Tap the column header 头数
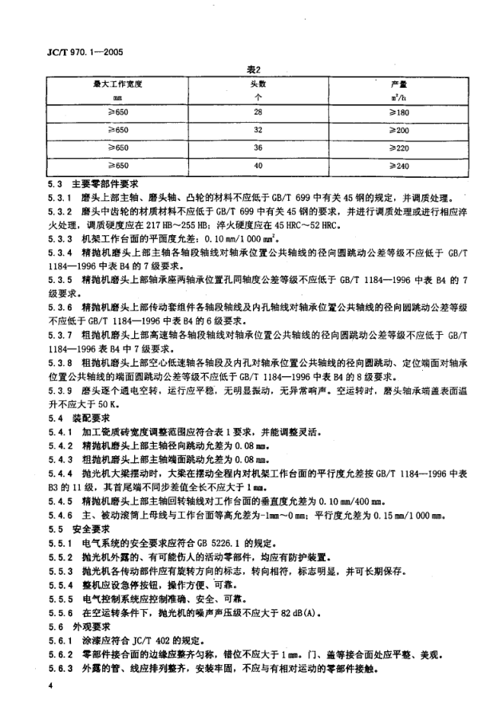tap(258, 83)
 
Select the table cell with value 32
tap(258, 131)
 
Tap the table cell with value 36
tap(258, 148)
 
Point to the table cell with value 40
tap(258, 166)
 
